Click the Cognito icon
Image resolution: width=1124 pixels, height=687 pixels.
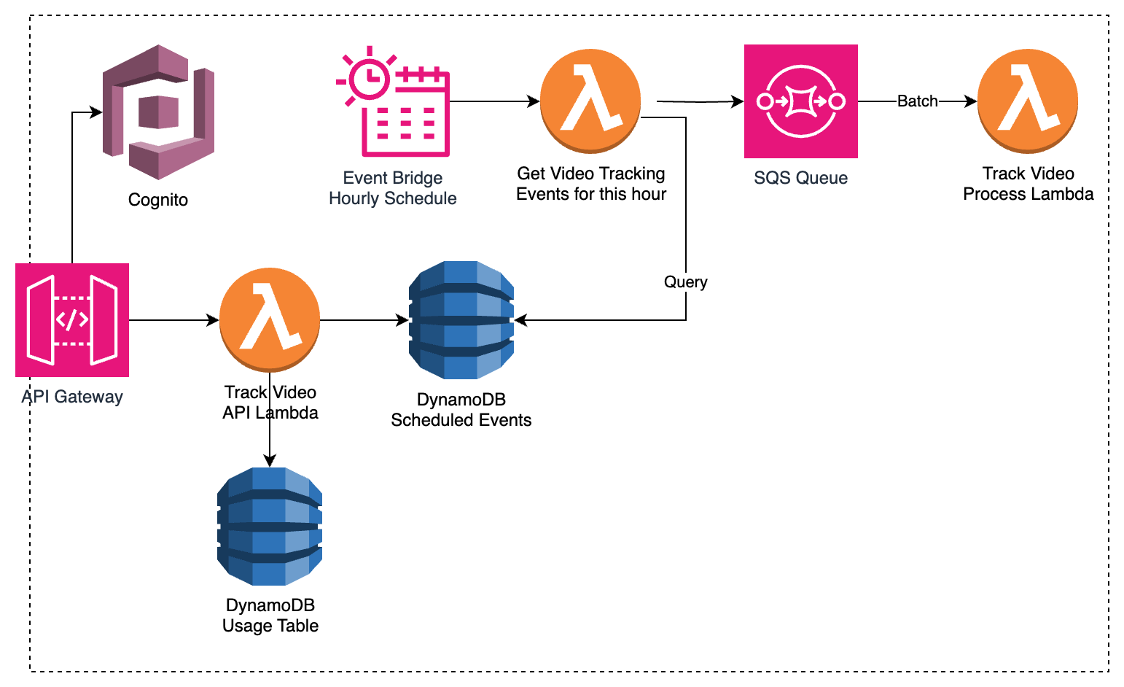pos(159,112)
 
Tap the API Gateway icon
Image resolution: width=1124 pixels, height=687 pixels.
pos(72,320)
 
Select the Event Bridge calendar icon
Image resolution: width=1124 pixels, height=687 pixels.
pos(394,101)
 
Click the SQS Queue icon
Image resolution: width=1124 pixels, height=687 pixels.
pos(801,101)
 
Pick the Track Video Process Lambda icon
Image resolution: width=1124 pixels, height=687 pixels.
pos(1028,101)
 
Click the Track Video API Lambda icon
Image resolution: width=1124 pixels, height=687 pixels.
pos(270,320)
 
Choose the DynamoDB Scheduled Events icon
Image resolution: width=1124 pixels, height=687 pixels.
pos(461,320)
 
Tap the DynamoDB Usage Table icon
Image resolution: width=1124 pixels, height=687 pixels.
pos(270,527)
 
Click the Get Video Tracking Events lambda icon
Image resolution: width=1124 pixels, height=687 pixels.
pos(590,101)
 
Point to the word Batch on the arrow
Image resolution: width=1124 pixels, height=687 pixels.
pos(917,101)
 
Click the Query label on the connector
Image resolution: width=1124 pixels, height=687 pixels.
pos(685,282)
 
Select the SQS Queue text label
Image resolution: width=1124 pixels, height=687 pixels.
pos(801,178)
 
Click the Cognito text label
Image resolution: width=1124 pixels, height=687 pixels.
pos(158,200)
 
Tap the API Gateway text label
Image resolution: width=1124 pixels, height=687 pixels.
pos(72,397)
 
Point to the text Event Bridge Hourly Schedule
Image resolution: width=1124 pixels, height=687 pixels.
pos(393,188)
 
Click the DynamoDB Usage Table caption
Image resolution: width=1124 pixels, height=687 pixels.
pos(270,616)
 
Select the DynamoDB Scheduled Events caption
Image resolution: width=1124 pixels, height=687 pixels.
pos(461,410)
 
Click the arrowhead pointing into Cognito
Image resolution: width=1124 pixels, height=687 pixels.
pos(96,112)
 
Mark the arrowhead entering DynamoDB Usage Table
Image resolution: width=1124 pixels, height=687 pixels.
pos(270,460)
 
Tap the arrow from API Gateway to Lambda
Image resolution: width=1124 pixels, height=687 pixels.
pos(174,320)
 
